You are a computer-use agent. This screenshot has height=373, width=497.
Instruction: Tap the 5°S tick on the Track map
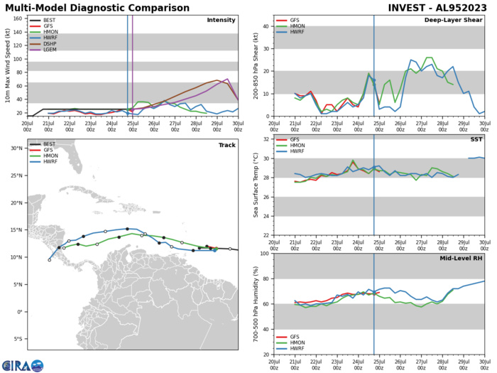point(17,340)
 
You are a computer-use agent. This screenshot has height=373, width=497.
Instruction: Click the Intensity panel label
point(221,20)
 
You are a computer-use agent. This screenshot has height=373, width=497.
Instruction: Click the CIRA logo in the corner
point(22,365)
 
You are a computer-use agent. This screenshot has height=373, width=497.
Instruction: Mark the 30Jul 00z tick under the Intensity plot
point(237,125)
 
